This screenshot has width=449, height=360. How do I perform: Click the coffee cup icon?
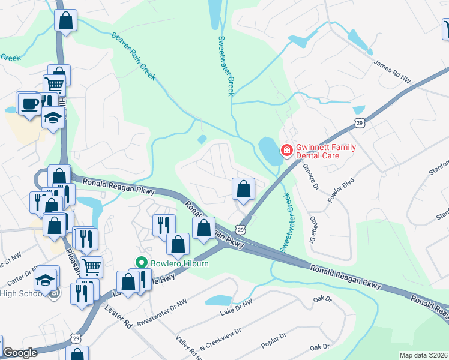[29, 103]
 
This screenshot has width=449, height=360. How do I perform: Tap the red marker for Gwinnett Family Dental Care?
[287, 150]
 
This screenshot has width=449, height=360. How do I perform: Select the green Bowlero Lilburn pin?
[142, 262]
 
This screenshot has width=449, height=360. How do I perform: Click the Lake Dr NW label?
[237, 307]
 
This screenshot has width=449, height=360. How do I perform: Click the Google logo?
[20, 353]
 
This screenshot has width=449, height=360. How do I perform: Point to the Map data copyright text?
[423, 355]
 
